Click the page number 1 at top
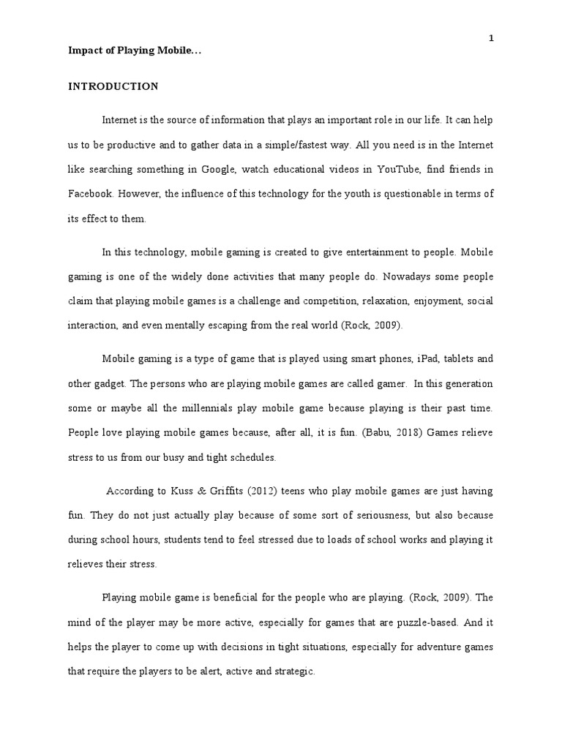pyautogui.click(x=492, y=38)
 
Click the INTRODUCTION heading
pyautogui.click(x=113, y=86)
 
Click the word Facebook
pyautogui.click(x=91, y=194)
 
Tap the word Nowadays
pyautogui.click(x=404, y=277)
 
